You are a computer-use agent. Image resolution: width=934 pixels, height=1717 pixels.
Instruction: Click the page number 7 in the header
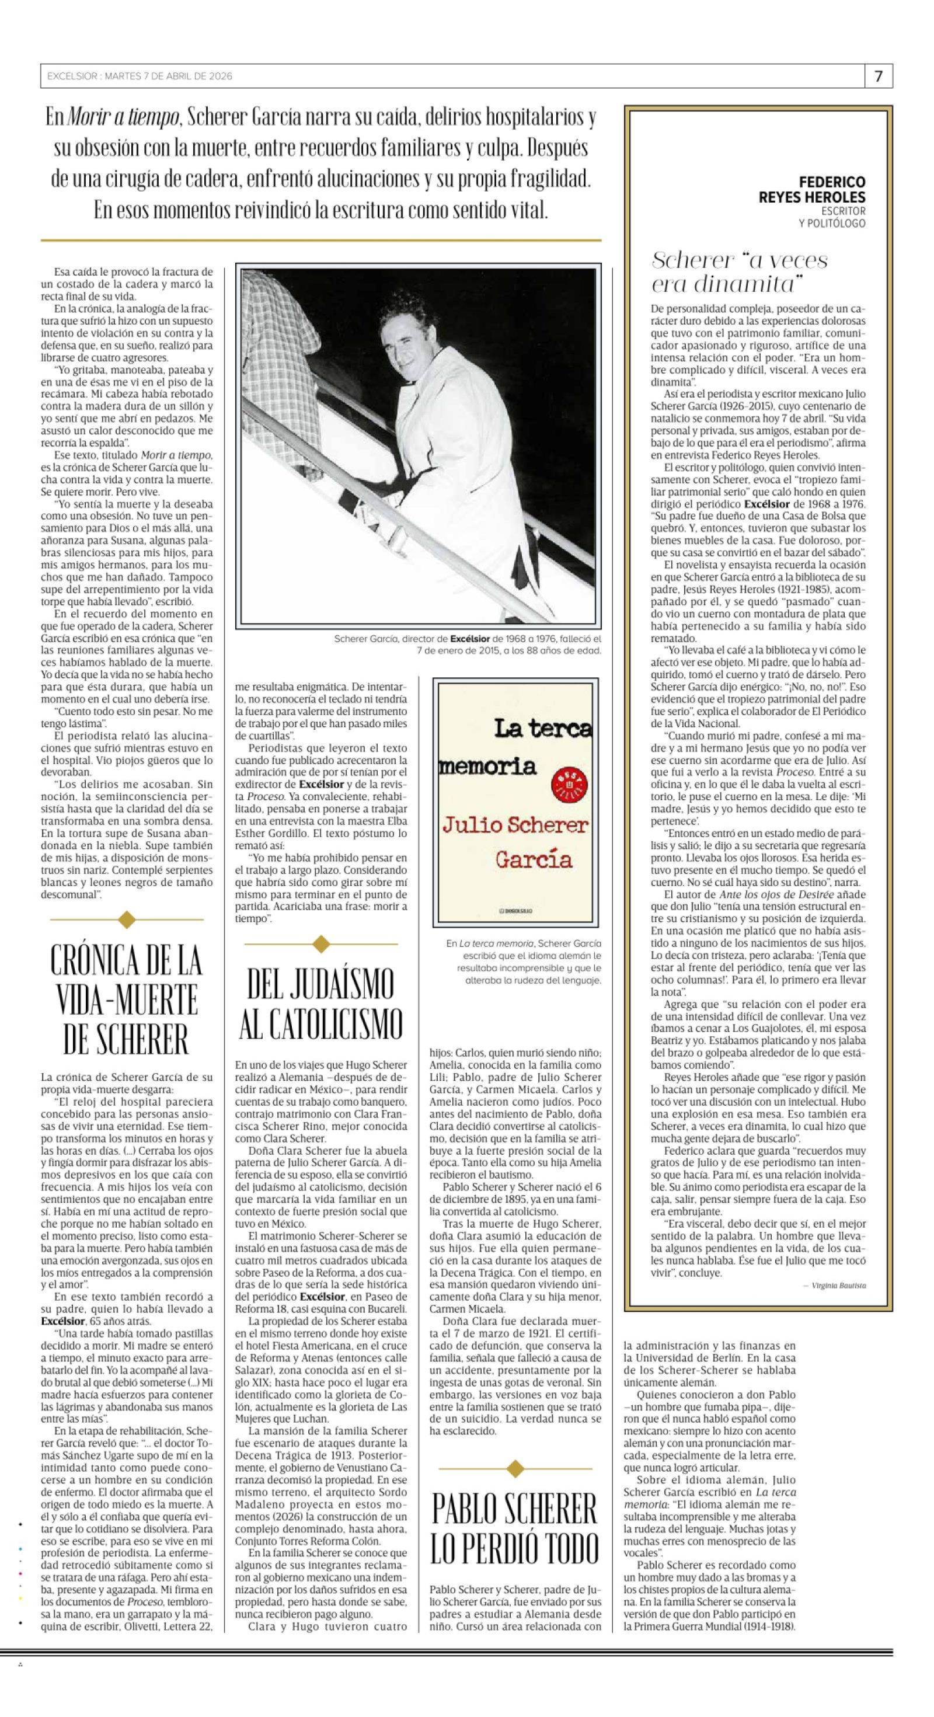[879, 76]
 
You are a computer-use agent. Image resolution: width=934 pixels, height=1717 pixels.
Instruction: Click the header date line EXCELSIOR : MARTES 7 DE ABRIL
[140, 76]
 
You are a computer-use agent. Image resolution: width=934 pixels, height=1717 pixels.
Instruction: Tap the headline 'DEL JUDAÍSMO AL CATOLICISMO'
[320, 1004]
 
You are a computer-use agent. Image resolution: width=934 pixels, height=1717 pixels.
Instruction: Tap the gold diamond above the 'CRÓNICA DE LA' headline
[127, 921]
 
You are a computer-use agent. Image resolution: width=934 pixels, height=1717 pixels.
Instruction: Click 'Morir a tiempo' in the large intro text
[123, 118]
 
